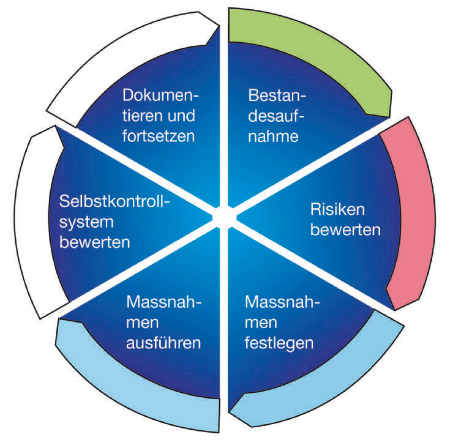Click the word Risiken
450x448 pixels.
pyautogui.click(x=338, y=210)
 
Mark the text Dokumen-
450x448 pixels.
pyautogui.click(x=162, y=95)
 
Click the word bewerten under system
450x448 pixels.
pyautogui.click(x=96, y=241)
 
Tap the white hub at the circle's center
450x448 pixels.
pyautogui.click(x=224, y=215)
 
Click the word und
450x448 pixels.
pyautogui.click(x=182, y=115)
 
